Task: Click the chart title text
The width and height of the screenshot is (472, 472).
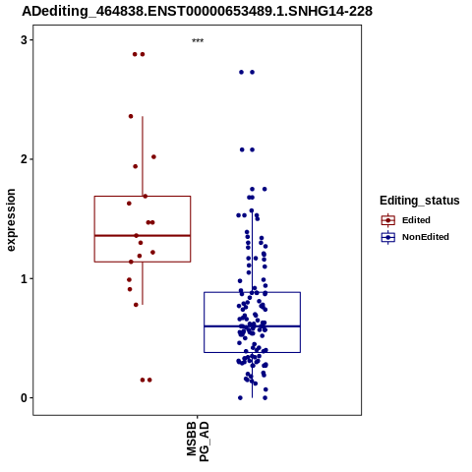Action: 197,11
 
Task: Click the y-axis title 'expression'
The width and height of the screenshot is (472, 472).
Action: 11,220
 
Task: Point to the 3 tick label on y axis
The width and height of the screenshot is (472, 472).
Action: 24,40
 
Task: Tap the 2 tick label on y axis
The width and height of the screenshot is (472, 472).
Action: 24,159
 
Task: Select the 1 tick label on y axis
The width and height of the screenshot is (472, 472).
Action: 24,278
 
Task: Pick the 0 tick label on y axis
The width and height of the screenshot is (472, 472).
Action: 24,398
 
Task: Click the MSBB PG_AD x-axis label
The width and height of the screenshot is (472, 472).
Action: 198,442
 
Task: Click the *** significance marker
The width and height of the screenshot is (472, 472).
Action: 198,41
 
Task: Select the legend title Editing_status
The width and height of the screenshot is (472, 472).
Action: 420,201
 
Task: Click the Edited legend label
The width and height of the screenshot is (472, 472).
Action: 416,220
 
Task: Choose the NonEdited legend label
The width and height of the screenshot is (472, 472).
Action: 426,237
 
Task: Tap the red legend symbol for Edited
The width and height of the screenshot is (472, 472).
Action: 388,220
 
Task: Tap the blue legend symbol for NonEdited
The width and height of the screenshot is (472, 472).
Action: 388,237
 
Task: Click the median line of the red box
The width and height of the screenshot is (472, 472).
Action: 143,235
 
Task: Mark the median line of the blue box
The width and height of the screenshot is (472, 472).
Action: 252,326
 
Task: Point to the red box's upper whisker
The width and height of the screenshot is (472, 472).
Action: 143,156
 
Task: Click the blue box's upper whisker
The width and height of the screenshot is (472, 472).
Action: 252,252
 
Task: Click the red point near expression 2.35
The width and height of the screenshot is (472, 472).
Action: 131,116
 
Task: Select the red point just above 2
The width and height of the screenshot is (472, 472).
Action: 153,157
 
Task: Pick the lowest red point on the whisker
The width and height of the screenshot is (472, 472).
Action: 136,305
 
